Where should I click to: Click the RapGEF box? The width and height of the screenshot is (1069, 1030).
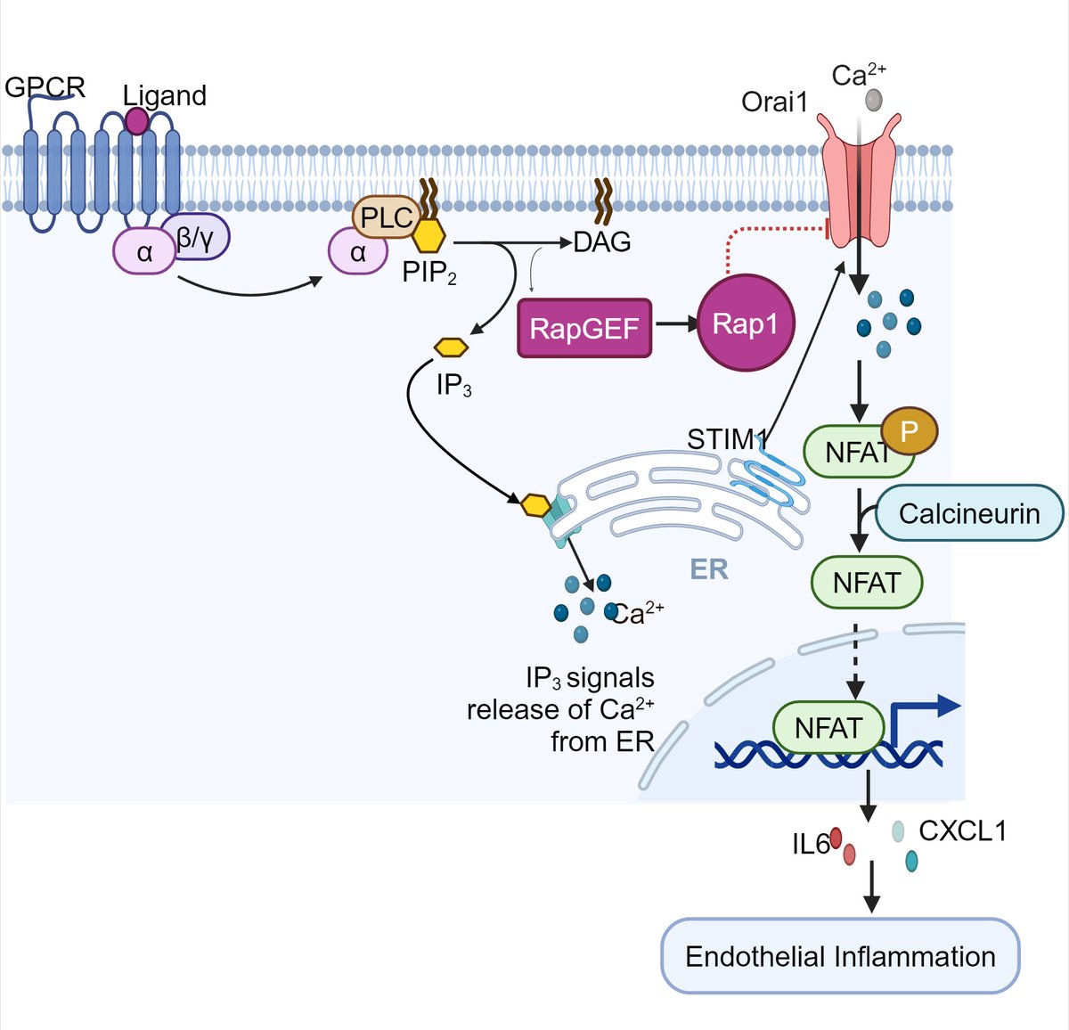584,328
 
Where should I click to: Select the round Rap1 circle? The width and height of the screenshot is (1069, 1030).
745,323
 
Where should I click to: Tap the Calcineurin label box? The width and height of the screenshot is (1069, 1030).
969,514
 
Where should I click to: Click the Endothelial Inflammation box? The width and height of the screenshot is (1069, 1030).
840,956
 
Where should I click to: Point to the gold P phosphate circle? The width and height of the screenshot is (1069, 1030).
910,432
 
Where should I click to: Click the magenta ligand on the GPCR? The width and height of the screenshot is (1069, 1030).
136,119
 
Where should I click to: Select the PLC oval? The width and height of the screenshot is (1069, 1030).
387,217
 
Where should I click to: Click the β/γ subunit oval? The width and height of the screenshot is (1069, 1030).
196,238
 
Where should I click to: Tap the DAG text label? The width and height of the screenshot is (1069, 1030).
602,242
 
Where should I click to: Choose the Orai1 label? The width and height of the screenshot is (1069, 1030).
774,102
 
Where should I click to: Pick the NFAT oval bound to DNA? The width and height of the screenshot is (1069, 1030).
828,728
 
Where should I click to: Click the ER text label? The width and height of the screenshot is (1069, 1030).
709,569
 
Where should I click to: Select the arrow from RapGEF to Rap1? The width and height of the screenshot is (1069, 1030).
676,325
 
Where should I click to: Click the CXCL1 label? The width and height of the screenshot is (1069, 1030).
962,831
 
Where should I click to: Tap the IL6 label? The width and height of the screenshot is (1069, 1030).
810,843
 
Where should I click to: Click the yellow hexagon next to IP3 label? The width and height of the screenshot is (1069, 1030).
451,347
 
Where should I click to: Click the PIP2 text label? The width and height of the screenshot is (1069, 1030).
429,273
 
